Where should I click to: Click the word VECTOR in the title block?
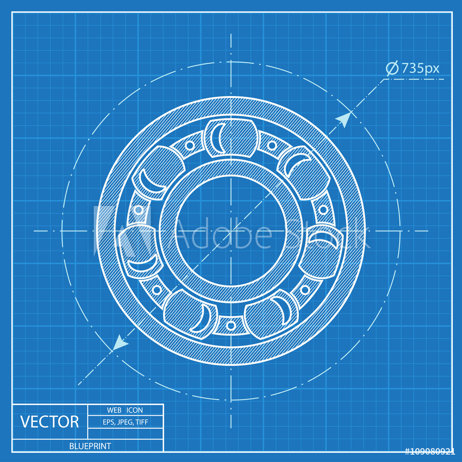point(49,421)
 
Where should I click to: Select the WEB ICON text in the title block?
point(125,410)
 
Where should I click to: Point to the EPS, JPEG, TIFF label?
point(125,421)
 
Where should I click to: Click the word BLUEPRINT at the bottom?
point(90,446)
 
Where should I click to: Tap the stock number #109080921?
point(430,451)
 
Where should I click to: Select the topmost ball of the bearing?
point(230,137)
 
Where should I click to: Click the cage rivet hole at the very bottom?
point(230,325)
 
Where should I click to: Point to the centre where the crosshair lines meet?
point(230,231)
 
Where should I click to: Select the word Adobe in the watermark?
point(222,233)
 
